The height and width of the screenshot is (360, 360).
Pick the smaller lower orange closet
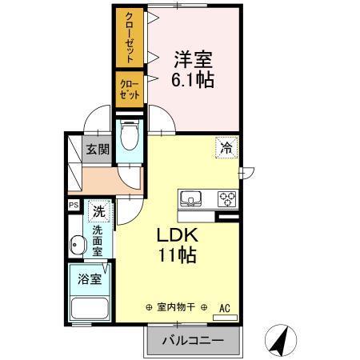click(130, 88)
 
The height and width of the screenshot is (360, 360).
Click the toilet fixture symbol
click(129, 137)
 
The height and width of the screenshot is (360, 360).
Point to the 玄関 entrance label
click(98, 149)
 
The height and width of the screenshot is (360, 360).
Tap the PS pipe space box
click(74, 206)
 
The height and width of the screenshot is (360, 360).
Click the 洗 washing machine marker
click(98, 212)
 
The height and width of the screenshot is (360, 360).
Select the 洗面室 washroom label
click(98, 241)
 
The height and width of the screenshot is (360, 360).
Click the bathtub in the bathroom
click(90, 309)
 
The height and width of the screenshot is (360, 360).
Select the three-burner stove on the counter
click(226, 199)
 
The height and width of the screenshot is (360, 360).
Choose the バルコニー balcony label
click(191, 341)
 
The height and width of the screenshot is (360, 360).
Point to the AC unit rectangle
click(225, 318)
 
